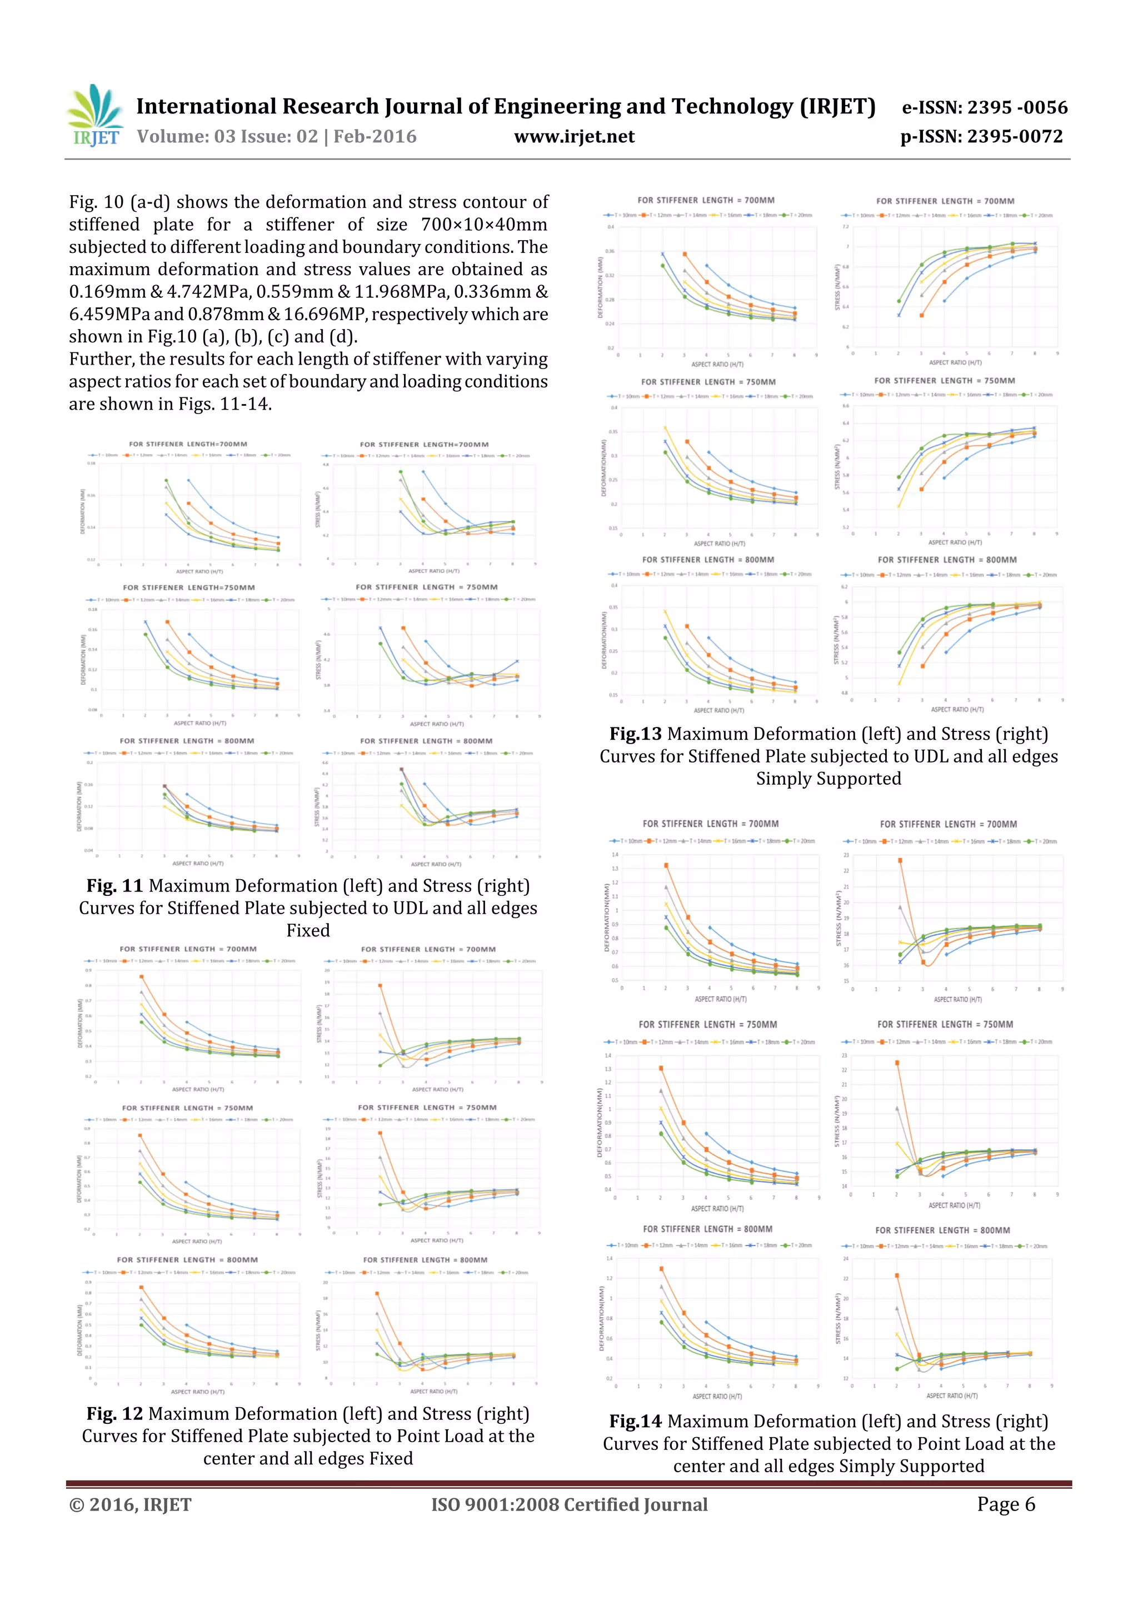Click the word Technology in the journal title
tap(731, 107)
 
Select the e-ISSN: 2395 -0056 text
tap(985, 107)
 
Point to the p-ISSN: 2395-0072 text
tap(982, 137)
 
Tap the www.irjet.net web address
tap(574, 137)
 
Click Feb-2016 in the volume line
tap(375, 137)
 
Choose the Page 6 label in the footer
tap(1006, 1504)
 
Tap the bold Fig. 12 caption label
tap(115, 1414)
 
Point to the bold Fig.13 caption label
tap(635, 734)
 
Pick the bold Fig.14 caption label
tap(635, 1422)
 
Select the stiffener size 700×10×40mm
tap(484, 225)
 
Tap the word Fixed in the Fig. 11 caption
tap(308, 930)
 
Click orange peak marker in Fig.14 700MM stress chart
tap(900, 860)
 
